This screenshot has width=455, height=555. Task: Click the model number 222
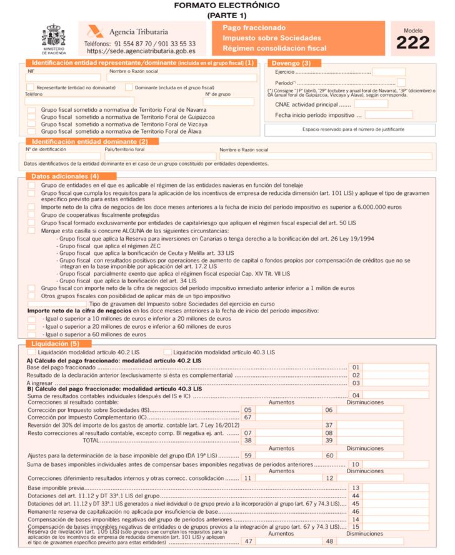pos(412,42)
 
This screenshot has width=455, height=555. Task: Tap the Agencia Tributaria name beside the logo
pos(138,32)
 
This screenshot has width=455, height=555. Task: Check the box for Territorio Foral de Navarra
pos(31,109)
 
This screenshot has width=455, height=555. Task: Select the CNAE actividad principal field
pos(371,104)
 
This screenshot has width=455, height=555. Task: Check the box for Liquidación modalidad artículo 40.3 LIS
pos(167,352)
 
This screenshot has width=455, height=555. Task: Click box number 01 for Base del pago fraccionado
pos(356,367)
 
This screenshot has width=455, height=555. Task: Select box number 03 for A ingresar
pos(356,383)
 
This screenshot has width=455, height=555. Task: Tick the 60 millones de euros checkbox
pos(32,334)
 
